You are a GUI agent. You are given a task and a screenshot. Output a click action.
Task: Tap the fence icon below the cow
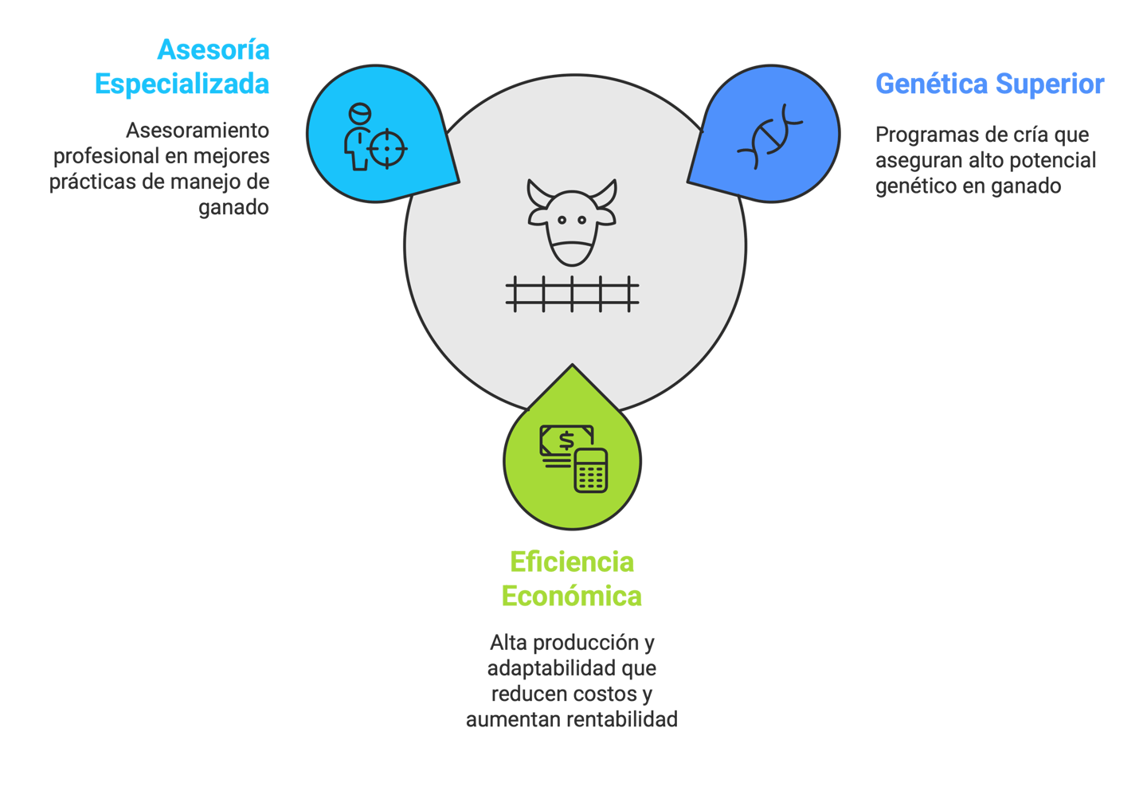point(572,294)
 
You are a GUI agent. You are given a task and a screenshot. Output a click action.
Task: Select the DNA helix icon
point(769,136)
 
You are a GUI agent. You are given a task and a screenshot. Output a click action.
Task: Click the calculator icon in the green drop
point(591,471)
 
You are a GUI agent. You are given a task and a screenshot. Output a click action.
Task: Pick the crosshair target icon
point(388,148)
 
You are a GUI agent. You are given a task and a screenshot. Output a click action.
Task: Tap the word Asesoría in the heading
point(213,49)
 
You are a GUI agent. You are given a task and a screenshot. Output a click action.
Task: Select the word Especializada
point(182,84)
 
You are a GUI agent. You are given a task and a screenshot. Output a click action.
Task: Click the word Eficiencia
point(572,562)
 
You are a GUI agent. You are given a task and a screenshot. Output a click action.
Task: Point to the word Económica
point(572,596)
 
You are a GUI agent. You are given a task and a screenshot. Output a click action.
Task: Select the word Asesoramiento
point(198,130)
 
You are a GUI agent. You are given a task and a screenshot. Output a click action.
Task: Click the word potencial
point(1055,160)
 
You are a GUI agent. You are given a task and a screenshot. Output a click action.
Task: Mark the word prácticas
point(92,182)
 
